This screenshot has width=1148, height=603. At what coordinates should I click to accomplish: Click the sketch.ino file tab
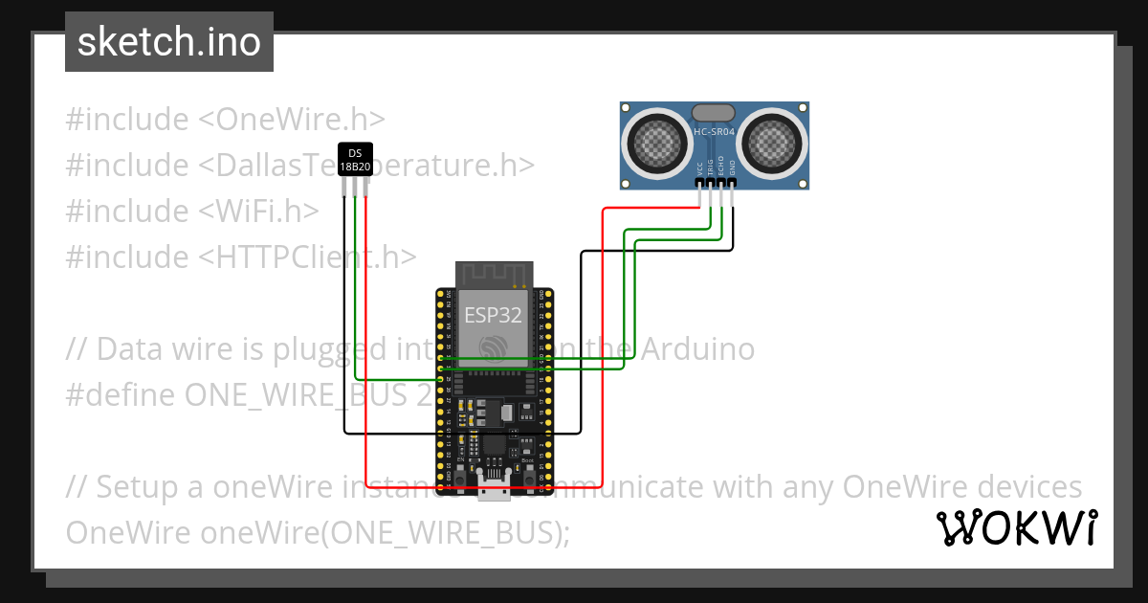point(169,42)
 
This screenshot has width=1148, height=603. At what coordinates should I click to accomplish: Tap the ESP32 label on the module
point(492,315)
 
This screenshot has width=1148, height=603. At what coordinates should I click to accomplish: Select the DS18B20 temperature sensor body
point(355,159)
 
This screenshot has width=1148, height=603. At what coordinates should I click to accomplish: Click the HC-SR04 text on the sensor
point(714,132)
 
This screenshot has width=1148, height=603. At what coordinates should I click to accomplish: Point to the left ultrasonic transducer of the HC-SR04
point(658,144)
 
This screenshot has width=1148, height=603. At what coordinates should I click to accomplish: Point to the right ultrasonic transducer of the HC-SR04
point(771,144)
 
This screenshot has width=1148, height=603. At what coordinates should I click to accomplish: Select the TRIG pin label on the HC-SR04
point(711,165)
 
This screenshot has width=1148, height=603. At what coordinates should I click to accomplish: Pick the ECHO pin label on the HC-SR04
point(721,165)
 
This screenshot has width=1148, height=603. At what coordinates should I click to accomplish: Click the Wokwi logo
point(1016,527)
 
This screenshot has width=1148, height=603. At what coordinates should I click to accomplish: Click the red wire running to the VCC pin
point(603,335)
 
